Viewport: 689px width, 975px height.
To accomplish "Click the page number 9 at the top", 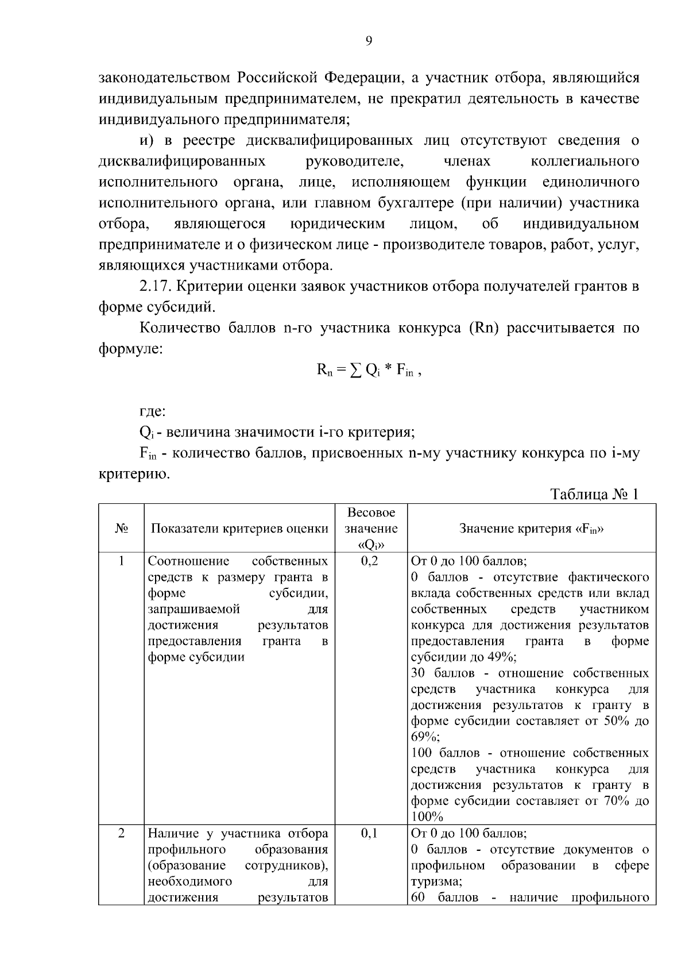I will click(369, 40).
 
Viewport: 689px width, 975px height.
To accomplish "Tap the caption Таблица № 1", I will click(594, 494).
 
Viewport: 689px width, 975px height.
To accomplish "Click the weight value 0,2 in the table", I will click(370, 561).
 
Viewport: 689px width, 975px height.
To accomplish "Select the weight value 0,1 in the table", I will click(370, 833).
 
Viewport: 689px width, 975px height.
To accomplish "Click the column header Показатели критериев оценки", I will click(239, 529).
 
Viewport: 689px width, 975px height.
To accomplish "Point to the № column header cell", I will click(121, 529).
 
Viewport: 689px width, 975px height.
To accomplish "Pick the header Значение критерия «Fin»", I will click(531, 529).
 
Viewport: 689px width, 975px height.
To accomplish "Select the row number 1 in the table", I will click(121, 561).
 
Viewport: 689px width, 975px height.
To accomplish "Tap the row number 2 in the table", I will click(121, 833).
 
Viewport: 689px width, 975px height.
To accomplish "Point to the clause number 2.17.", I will click(157, 287).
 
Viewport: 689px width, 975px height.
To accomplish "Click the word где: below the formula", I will click(153, 411).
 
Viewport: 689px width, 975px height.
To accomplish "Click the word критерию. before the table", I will click(134, 474).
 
